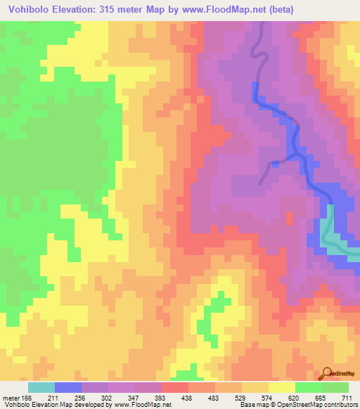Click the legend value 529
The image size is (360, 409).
click(x=249, y=397)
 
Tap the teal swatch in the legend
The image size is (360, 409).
click(x=41, y=387)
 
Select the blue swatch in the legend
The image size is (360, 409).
click(x=68, y=387)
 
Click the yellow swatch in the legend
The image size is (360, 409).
click(x=282, y=387)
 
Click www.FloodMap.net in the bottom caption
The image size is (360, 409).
click(x=143, y=405)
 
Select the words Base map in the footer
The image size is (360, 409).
click(x=254, y=405)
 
